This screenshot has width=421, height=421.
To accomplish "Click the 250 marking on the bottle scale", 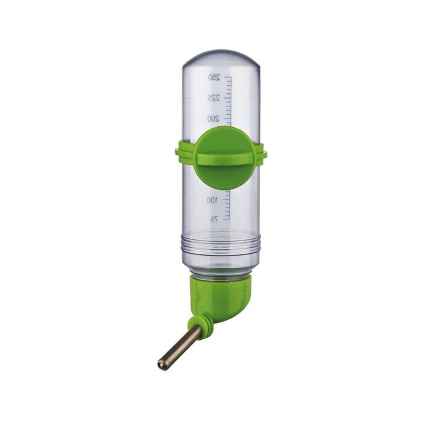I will [x=214, y=77].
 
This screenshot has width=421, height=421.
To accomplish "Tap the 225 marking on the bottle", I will [x=213, y=97].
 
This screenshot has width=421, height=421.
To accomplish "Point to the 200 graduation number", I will [x=213, y=119].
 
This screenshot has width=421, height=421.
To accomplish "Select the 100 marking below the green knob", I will [x=212, y=200].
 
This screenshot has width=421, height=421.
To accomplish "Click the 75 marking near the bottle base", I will [x=214, y=220].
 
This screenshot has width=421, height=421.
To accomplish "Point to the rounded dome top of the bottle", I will [x=221, y=60].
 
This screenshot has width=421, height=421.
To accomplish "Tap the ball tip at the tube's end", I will [x=161, y=363].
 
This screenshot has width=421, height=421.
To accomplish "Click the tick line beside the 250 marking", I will [x=226, y=77].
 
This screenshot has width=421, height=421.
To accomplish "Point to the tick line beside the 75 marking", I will [x=226, y=220].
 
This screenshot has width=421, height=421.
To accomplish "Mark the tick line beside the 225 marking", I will [x=226, y=97].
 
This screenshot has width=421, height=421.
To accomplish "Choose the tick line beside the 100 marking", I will [x=226, y=200].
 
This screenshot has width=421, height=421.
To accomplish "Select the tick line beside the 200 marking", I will [x=226, y=119].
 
